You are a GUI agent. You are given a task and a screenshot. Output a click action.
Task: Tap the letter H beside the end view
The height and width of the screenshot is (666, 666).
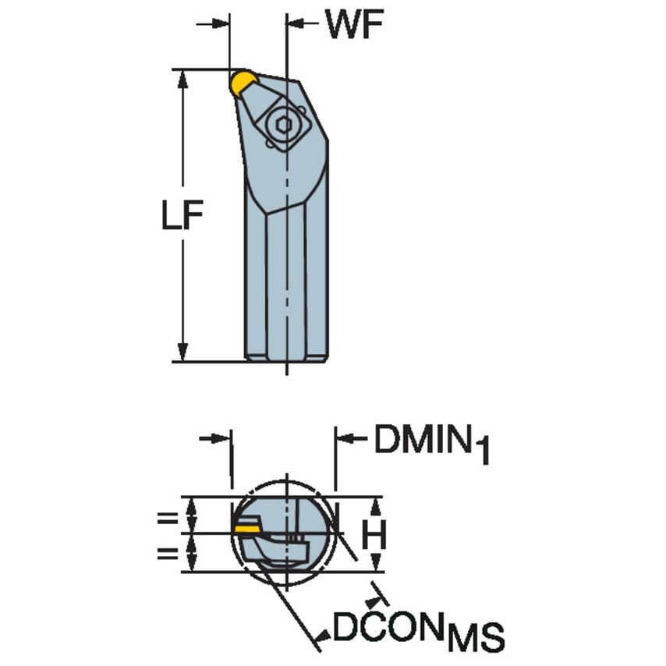(x=375, y=535)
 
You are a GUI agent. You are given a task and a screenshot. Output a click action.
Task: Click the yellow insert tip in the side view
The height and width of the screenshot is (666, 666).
(x=243, y=82)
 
